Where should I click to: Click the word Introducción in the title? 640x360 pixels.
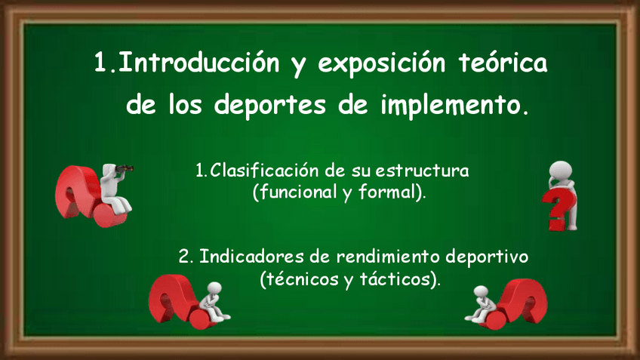click(198, 63)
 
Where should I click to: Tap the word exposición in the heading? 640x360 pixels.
click(382, 63)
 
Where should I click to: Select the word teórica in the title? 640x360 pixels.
click(503, 63)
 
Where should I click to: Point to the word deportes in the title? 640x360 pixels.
click(269, 106)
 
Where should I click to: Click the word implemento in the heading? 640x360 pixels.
click(451, 106)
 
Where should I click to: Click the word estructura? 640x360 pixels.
click(422, 171)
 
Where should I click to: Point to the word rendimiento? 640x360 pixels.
click(388, 257)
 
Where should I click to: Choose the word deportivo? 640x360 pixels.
click(487, 257)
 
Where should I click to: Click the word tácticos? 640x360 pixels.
click(395, 279)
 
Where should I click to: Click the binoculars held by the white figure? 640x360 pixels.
click(125, 168)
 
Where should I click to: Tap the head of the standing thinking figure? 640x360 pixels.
click(561, 171)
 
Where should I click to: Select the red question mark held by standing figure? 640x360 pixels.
click(558, 209)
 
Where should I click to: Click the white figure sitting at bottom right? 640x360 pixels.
click(482, 304)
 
